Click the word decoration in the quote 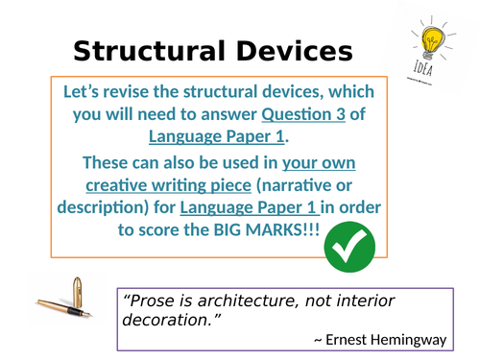163,321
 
